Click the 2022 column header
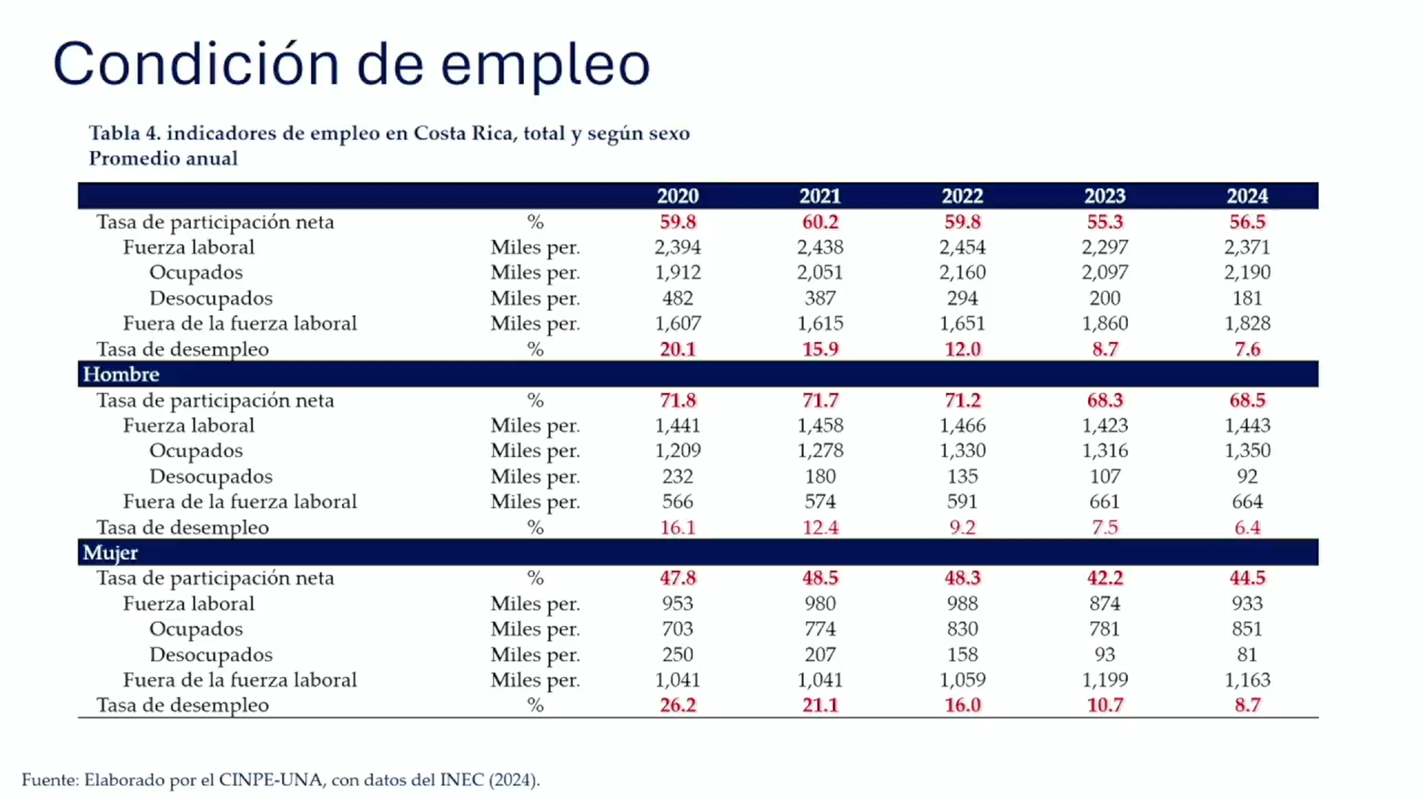click(x=962, y=196)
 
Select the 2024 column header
click(x=1247, y=196)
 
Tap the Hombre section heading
click(x=121, y=374)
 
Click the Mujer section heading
click(x=110, y=553)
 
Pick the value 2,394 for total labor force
click(x=677, y=247)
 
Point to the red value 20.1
click(x=677, y=349)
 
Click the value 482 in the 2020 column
click(x=677, y=298)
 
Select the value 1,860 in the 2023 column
click(x=1104, y=323)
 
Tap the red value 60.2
click(x=820, y=222)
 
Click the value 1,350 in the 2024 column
click(x=1247, y=451)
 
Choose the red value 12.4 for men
click(x=820, y=527)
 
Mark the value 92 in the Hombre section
click(x=1247, y=476)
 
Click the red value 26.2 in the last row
click(x=677, y=705)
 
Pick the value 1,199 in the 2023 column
click(x=1104, y=680)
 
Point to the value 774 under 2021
click(x=820, y=629)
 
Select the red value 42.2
click(x=1104, y=578)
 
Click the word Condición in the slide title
click(x=196, y=64)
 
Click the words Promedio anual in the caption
click(x=164, y=158)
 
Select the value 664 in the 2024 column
click(x=1247, y=502)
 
